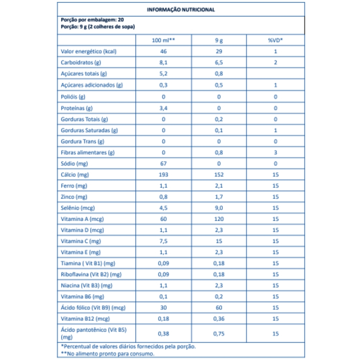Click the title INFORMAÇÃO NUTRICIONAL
[x=181, y=10]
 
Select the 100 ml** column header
[x=163, y=40]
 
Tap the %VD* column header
[x=275, y=40]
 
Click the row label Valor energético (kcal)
[x=84, y=51]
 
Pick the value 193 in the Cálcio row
[x=163, y=175]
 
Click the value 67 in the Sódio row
[x=163, y=163]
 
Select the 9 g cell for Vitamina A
[x=219, y=219]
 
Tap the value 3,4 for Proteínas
[x=163, y=108]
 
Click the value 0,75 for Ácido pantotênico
[x=219, y=333]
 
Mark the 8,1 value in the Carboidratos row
[x=163, y=63]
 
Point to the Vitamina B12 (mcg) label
[x=85, y=319]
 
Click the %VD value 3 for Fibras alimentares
[x=275, y=152]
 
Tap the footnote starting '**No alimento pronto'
[x=108, y=354]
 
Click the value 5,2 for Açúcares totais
[x=163, y=74]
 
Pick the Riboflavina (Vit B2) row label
[x=91, y=274]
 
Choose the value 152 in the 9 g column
[x=219, y=175]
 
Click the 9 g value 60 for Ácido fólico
[x=219, y=307]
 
